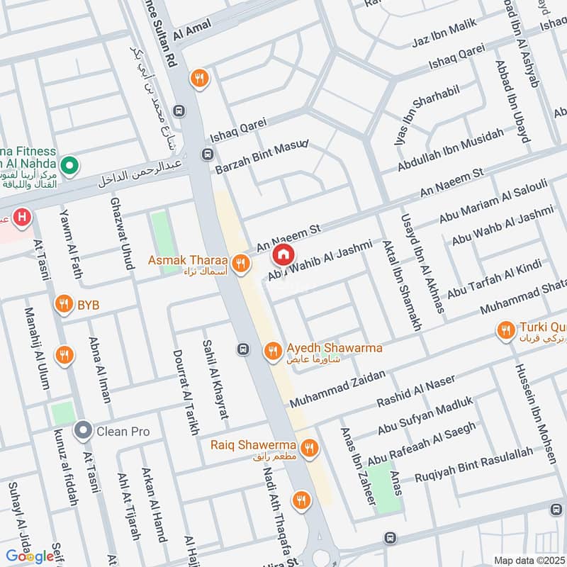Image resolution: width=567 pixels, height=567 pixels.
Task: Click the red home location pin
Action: pos(283,253)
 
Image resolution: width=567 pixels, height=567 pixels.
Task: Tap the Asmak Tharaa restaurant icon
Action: pos(241,264)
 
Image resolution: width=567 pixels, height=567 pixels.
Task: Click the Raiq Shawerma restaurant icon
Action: pos(308,447)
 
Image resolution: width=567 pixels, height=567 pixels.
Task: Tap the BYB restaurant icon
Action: pos(64,305)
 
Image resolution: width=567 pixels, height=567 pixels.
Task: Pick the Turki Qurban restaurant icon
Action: pos(505,330)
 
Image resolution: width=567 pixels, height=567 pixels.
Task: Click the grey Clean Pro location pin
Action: pos(84,430)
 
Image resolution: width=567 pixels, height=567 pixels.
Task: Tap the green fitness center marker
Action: pos(69,167)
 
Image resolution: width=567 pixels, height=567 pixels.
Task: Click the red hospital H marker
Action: pos(24,217)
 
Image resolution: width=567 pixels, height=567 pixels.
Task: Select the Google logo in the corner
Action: pos(30,556)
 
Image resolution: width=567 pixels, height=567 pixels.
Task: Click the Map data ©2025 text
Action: pos(528,560)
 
